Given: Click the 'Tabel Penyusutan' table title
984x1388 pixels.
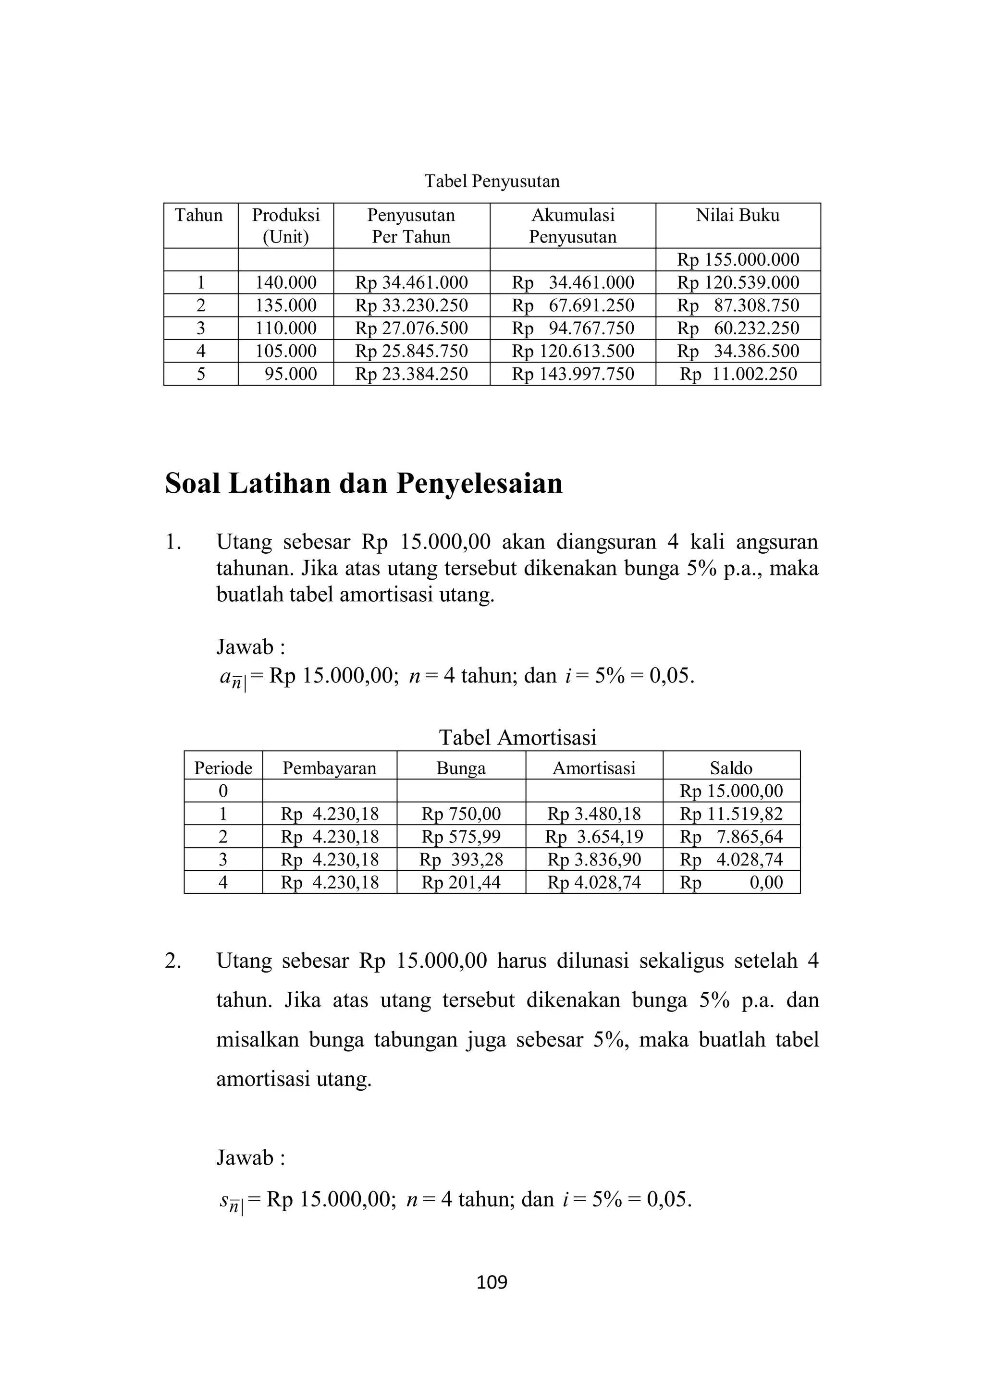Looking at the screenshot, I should click(492, 181).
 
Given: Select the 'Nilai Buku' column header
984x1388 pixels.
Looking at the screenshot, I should click(738, 216).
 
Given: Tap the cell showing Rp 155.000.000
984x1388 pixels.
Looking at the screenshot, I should click(738, 260).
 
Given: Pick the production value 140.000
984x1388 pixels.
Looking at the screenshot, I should click(285, 283).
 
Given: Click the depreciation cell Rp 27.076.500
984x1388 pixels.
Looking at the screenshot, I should click(411, 328).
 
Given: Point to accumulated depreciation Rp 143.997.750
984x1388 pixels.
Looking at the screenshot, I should click(573, 374).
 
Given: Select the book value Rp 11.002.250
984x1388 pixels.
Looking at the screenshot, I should click(738, 374).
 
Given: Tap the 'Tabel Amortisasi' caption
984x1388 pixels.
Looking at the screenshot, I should click(517, 738).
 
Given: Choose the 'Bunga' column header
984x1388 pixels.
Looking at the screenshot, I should click(461, 768).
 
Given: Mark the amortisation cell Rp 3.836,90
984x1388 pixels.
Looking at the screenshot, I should click(594, 860).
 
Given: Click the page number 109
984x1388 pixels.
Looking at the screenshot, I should click(492, 1282).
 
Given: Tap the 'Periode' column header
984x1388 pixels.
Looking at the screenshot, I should click(223, 768).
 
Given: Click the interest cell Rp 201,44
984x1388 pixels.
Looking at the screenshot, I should click(461, 882).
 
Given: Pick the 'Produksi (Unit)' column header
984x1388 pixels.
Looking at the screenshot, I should click(285, 226).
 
